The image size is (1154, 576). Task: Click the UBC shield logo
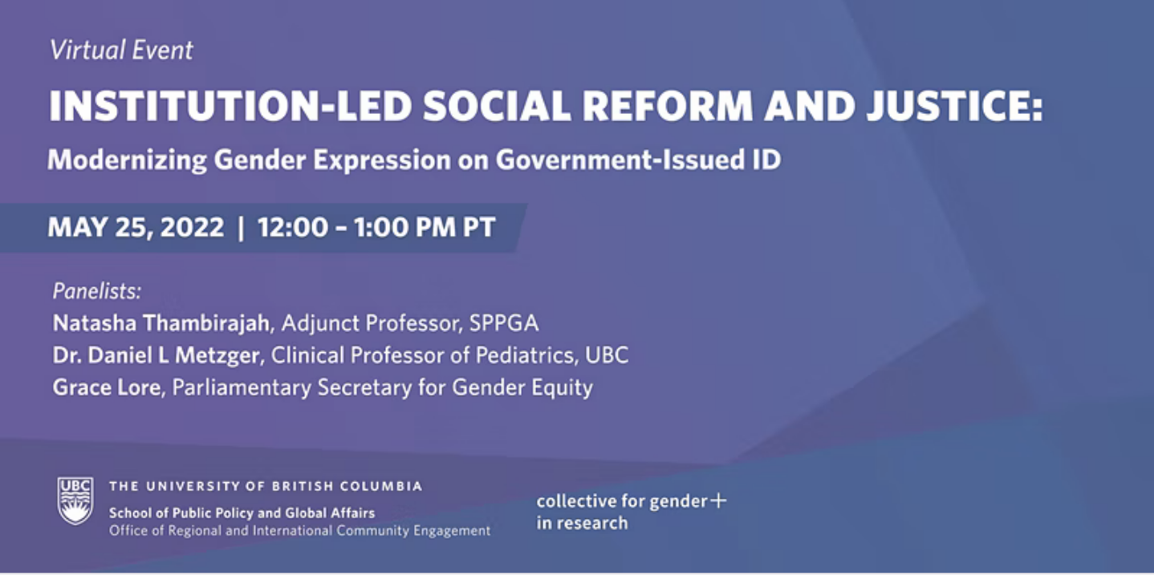(x=75, y=501)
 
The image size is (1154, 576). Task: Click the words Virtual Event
(x=121, y=51)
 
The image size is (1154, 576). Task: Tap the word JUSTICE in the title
(x=955, y=106)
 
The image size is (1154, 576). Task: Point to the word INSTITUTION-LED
(x=230, y=106)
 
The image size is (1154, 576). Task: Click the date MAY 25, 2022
(x=136, y=227)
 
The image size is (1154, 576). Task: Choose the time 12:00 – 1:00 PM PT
(x=376, y=227)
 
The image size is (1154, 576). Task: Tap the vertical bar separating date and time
(x=240, y=228)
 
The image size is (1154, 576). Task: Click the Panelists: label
(x=97, y=291)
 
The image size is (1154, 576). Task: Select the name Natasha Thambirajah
(x=161, y=323)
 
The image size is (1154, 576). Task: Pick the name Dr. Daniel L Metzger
(x=156, y=355)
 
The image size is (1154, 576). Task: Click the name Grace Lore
(x=107, y=387)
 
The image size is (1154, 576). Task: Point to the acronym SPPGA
(x=504, y=323)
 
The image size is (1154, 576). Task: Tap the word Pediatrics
(x=523, y=355)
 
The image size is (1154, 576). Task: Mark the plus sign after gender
(x=718, y=501)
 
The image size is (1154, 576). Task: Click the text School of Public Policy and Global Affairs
(x=242, y=513)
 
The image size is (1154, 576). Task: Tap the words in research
(x=582, y=523)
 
